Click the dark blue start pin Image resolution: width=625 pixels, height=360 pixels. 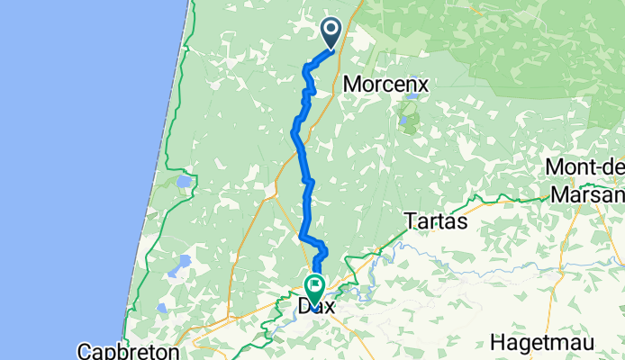[x=331, y=33]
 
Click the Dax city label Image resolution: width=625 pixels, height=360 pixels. [x=316, y=308]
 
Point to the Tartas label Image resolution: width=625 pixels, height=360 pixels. [x=436, y=220]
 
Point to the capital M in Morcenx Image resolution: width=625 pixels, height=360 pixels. [x=352, y=83]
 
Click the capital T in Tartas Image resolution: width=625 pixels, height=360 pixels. [x=411, y=220]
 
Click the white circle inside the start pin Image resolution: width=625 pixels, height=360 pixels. [x=331, y=31]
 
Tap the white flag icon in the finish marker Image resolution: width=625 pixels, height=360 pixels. [x=316, y=286]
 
